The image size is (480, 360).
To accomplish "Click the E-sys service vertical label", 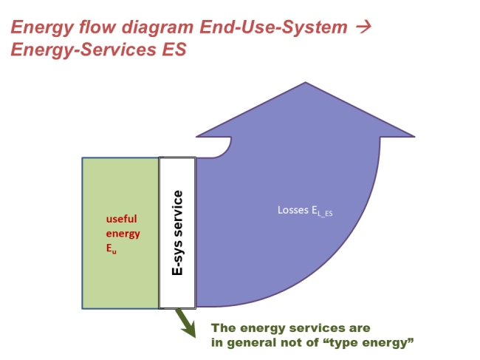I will pos(177,233).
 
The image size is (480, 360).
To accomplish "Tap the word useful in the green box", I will pos(121,219).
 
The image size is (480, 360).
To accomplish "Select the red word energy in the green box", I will pos(122,234).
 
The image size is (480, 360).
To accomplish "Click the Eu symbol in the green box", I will pos(112,249).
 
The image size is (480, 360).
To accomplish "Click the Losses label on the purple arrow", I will pos(292,210).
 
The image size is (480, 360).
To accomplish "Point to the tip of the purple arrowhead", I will pos(305,84).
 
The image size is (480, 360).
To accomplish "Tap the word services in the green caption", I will pos(320,327).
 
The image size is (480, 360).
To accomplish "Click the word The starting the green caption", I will pos(224,327).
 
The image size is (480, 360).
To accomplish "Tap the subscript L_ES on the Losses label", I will pos(326,214).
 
